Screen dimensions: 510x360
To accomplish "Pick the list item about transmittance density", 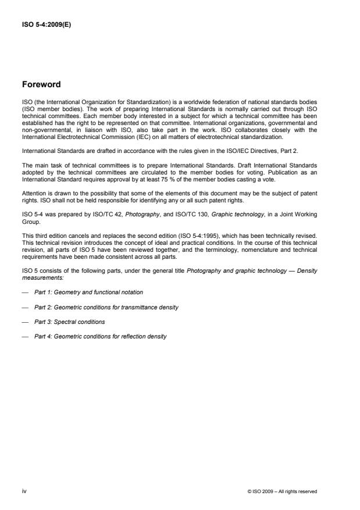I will [107, 306].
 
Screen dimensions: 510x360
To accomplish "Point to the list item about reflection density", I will [102, 337].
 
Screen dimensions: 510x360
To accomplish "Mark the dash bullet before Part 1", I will [25, 291].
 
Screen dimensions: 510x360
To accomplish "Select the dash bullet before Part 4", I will [25, 337].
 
